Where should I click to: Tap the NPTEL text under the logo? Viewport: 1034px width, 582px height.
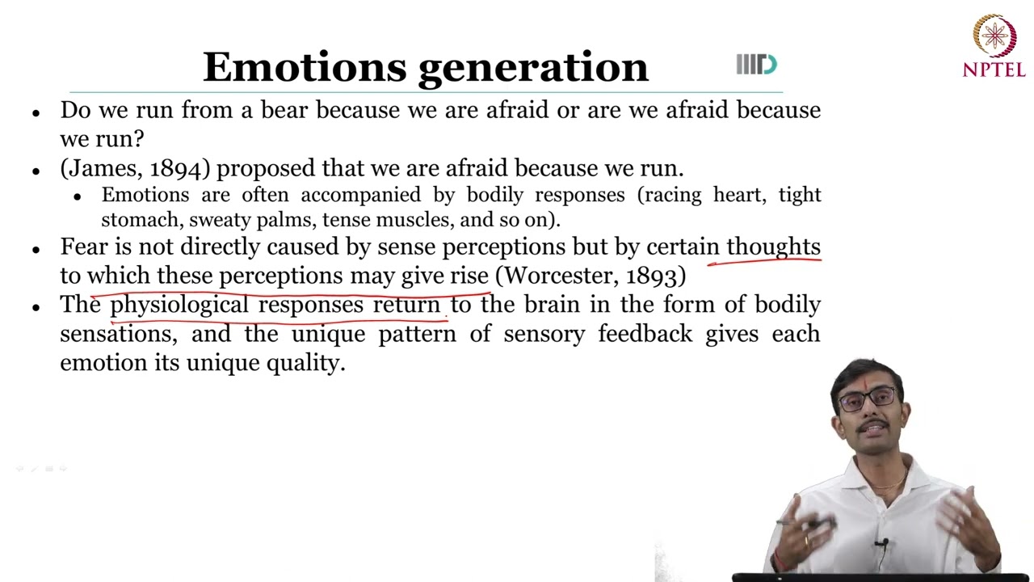pos(994,70)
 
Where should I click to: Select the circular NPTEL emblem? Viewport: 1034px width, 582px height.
pos(994,36)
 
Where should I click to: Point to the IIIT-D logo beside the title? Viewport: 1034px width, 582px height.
pos(756,65)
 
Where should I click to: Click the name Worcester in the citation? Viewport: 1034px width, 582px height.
pos(561,276)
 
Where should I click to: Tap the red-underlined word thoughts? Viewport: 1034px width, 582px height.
pos(773,247)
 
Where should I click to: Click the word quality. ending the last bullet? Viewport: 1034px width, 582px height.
pos(306,364)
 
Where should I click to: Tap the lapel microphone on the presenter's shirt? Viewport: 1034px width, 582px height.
pos(885,544)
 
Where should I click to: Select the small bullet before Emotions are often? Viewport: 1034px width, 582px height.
pos(78,196)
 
